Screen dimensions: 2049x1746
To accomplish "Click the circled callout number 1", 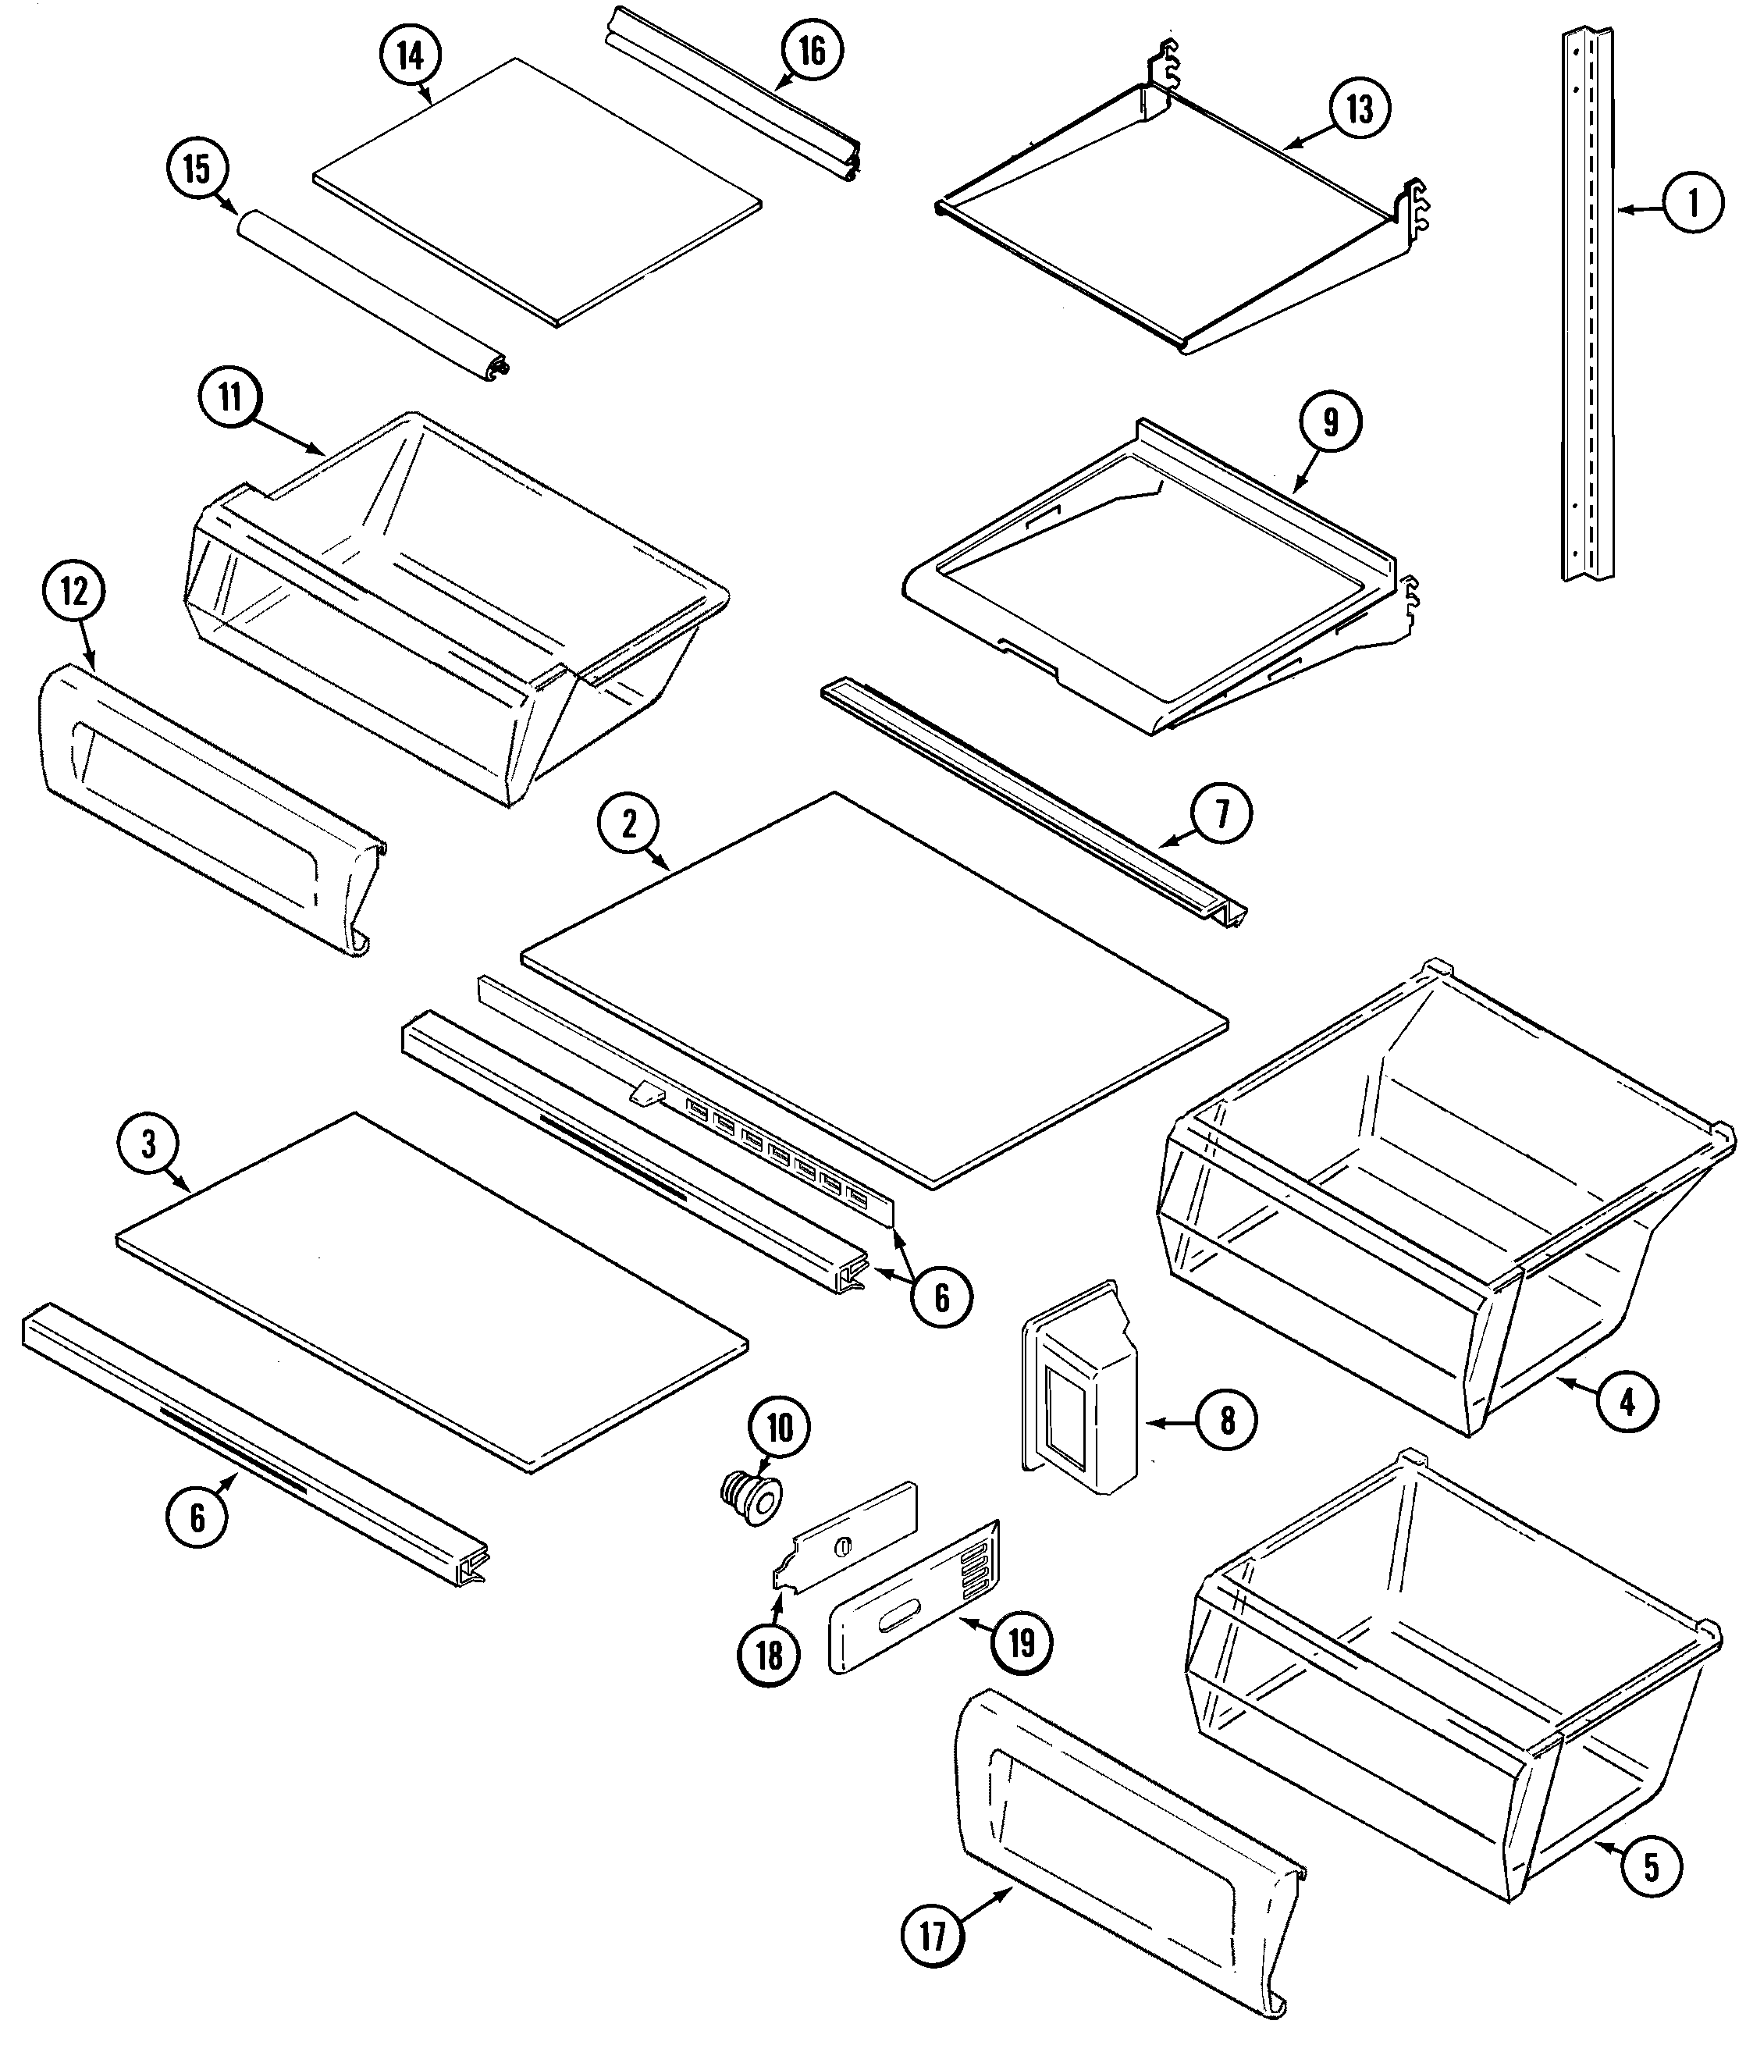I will coord(1691,204).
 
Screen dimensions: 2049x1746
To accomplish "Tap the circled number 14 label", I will coord(411,55).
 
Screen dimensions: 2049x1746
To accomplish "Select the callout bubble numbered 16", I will coord(812,52).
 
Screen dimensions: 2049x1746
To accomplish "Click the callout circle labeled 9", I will coord(1331,422).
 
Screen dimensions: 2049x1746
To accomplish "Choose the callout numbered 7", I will coord(1221,814).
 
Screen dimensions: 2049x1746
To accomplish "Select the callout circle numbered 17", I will coord(933,1935).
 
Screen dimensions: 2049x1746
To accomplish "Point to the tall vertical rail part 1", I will coord(1587,307).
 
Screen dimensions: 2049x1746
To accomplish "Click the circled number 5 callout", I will coord(1650,1866).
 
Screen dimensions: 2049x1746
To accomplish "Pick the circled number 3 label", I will coord(148,1144).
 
